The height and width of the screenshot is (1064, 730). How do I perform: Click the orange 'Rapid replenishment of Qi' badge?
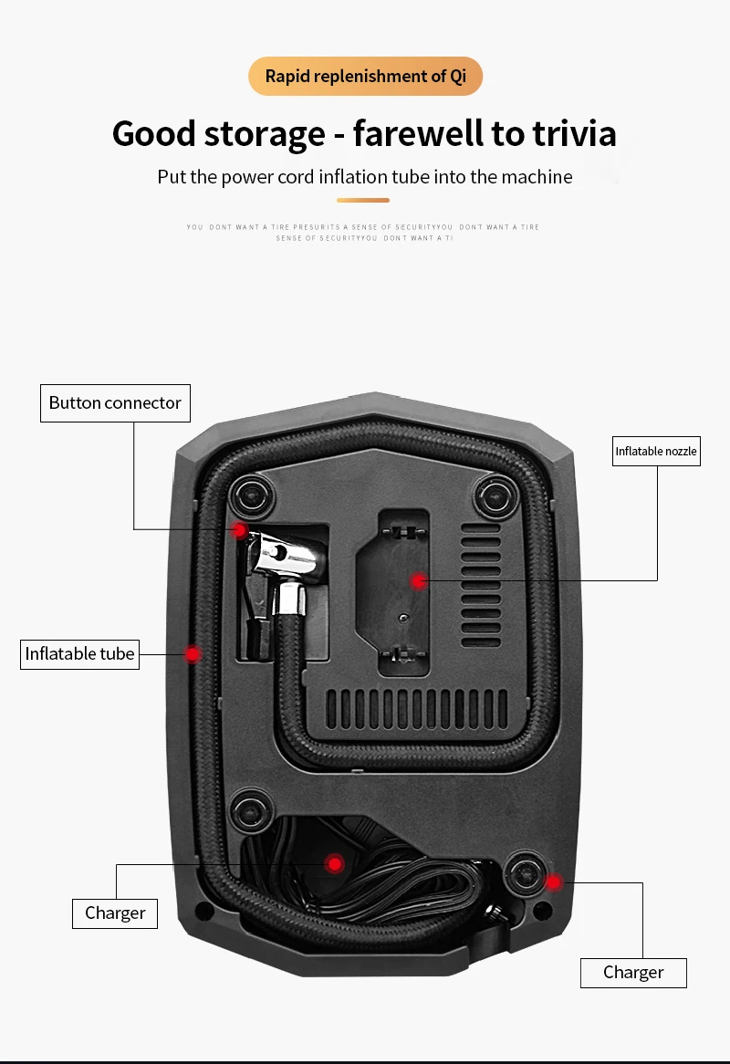click(365, 76)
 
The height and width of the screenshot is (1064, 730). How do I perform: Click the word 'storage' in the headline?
click(264, 134)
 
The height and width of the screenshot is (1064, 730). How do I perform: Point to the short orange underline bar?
click(363, 200)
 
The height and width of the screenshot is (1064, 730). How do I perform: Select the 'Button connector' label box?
click(115, 402)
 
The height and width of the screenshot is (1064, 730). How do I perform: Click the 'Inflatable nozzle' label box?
click(656, 451)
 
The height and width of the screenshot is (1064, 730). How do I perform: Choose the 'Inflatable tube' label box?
click(79, 653)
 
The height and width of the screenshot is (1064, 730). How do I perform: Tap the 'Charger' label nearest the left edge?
click(115, 913)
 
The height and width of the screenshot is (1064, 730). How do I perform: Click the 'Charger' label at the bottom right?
click(633, 972)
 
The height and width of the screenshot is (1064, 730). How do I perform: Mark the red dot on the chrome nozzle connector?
click(239, 530)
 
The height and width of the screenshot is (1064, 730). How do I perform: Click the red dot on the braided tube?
click(193, 653)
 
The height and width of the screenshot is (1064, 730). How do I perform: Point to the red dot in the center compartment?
click(418, 580)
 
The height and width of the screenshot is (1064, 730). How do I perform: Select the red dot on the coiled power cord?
click(335, 863)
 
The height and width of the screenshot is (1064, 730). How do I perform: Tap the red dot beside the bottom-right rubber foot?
click(553, 881)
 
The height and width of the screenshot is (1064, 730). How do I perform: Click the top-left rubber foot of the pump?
click(250, 496)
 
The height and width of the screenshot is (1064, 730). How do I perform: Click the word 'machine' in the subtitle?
click(534, 177)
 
